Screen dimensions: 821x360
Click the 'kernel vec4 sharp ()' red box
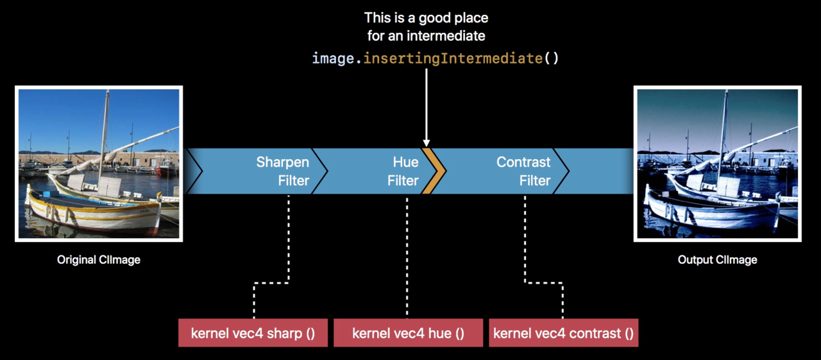(253, 333)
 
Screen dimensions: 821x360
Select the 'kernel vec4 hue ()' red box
(409, 333)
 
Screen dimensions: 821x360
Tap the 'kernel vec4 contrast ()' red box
(564, 333)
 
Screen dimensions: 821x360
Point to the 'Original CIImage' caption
(99, 259)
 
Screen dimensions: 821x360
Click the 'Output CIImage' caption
(717, 259)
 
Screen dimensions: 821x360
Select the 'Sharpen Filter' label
(283, 171)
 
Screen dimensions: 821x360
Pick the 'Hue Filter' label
(403, 171)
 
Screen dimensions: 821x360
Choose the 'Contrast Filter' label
(523, 171)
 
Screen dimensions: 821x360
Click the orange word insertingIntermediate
(453, 58)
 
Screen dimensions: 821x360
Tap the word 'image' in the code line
(333, 58)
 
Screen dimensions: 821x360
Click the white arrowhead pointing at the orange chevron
(427, 143)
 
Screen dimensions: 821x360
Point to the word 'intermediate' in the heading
(446, 36)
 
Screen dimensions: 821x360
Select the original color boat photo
(99, 164)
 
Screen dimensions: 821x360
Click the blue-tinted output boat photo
(718, 164)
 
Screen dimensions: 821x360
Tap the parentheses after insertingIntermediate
(551, 58)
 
